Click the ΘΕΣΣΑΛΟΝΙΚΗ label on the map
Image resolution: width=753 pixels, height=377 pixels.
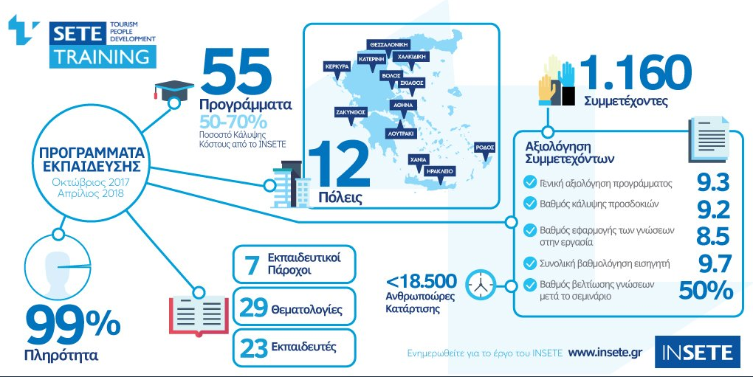click(x=389, y=44)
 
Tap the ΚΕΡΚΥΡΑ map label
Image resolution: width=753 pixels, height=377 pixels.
click(x=337, y=66)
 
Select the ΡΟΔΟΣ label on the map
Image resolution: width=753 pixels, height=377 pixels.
click(x=484, y=148)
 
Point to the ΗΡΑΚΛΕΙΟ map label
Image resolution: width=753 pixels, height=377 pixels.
click(x=439, y=171)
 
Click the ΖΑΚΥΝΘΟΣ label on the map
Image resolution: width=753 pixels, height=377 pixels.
click(x=351, y=112)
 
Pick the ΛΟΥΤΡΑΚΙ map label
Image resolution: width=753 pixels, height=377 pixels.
click(x=401, y=134)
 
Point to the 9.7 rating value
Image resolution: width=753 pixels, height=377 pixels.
click(x=714, y=264)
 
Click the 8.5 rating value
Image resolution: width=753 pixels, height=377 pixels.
click(x=713, y=237)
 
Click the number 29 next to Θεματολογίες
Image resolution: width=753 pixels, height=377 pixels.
click(x=253, y=308)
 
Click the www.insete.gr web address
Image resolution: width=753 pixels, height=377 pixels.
click(x=605, y=353)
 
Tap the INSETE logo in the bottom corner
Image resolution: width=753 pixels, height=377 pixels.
click(x=698, y=353)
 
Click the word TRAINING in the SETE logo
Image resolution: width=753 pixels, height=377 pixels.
click(x=102, y=57)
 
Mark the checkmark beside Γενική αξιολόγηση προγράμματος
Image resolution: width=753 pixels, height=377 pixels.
click(x=530, y=183)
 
